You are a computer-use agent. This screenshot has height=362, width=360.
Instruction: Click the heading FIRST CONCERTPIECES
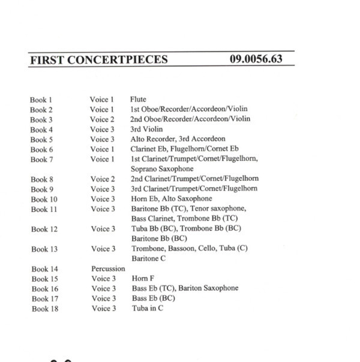pyautogui.click(x=97, y=60)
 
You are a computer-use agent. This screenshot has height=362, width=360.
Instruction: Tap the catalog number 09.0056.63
pyautogui.click(x=255, y=60)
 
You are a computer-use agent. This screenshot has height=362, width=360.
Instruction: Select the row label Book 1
pyautogui.click(x=41, y=100)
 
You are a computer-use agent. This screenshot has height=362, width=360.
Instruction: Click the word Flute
pyautogui.click(x=138, y=100)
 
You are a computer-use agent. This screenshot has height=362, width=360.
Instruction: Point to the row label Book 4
pyautogui.click(x=41, y=130)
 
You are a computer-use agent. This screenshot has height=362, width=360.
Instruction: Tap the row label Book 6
pyautogui.click(x=41, y=149)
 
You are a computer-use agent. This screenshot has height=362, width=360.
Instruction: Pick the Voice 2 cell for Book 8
pyautogui.click(x=103, y=179)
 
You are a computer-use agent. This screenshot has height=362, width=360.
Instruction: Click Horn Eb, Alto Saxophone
pyautogui.click(x=171, y=199)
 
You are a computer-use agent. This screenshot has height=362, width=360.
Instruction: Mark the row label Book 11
pyautogui.click(x=43, y=209)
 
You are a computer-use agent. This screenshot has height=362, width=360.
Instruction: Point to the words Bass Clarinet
pyautogui.click(x=152, y=219)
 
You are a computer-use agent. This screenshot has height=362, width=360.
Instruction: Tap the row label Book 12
pyautogui.click(x=43, y=229)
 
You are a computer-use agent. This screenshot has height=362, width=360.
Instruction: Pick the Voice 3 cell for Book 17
pyautogui.click(x=103, y=298)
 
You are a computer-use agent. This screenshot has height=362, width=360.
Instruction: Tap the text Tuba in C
pyautogui.click(x=146, y=308)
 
